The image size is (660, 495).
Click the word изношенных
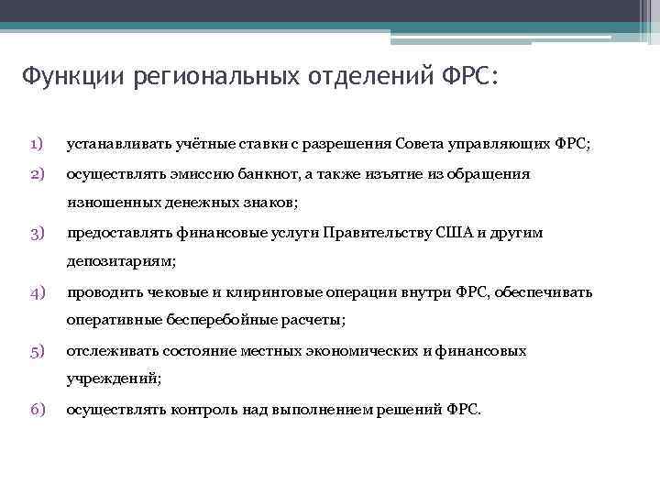[x=108, y=202]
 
